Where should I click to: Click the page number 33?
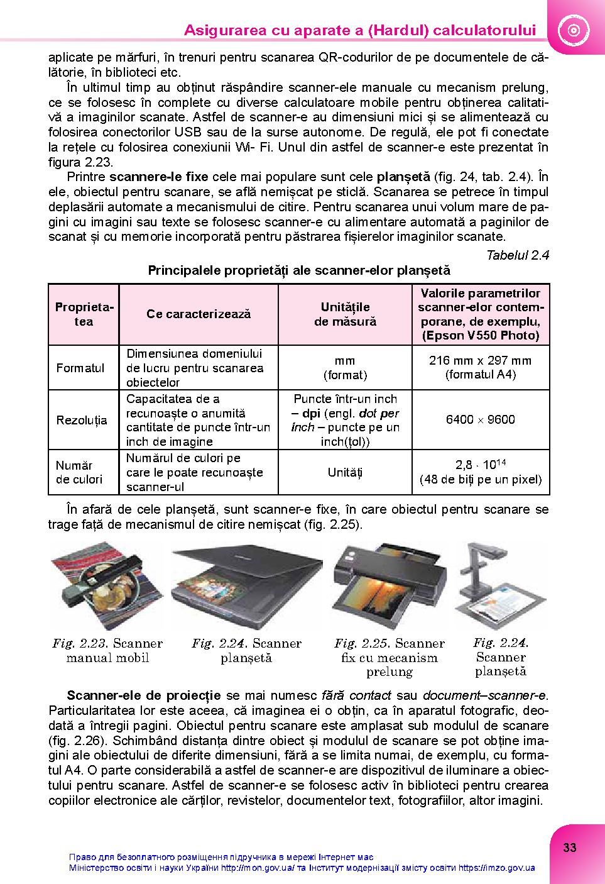tap(569, 848)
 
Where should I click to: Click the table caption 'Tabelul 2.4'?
tap(518, 255)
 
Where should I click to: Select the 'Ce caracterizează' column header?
tap(199, 314)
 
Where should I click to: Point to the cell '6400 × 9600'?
tap(481, 419)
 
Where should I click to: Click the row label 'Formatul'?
tap(80, 368)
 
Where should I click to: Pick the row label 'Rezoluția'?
tap(82, 420)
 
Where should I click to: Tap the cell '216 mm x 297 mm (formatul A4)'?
tap(481, 367)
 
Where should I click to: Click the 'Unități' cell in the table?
tap(345, 472)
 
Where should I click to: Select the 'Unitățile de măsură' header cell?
tap(345, 314)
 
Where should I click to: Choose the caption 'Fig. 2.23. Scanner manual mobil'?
tap(107, 651)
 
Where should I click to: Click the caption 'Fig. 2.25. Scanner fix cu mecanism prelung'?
tap(390, 658)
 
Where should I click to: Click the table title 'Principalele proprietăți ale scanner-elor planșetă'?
tap(299, 270)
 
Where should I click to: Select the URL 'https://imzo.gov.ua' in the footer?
tap(496, 868)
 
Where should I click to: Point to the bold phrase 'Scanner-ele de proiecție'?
tap(144, 695)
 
